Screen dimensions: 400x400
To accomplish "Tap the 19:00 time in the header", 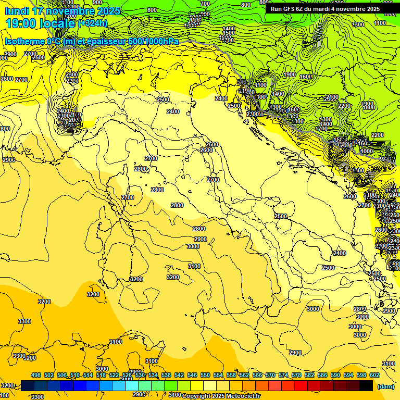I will point(21,23).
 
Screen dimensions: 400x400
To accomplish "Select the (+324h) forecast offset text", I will point(92,23).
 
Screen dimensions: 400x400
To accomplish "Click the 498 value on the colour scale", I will point(36,375).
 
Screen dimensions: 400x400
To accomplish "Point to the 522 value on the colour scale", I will point(114,375).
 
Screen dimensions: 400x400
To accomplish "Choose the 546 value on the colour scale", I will point(192,375).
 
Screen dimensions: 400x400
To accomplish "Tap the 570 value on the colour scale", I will point(270,375).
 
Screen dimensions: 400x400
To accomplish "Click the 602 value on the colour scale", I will point(374,375).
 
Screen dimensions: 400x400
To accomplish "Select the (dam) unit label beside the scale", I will point(385,386).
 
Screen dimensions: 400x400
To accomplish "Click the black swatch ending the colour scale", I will point(366,385).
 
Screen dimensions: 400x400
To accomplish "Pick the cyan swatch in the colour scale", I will point(132,385).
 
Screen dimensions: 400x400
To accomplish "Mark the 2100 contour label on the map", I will point(331,97).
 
